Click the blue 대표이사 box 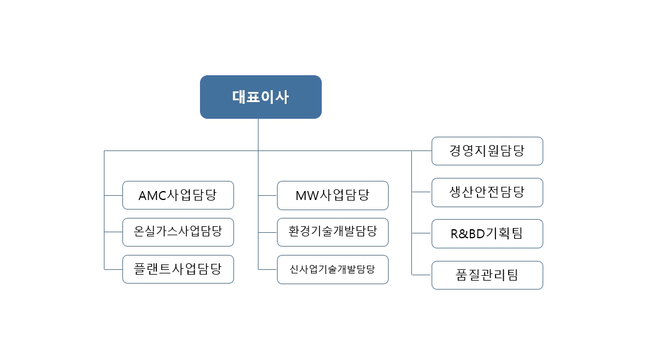(261, 97)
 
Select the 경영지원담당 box (487, 151)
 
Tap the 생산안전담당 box (487, 192)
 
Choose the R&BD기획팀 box (487, 233)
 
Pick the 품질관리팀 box (487, 275)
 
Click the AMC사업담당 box (178, 195)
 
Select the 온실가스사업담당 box (178, 232)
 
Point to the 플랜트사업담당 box (178, 269)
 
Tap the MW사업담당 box (333, 195)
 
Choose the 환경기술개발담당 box (333, 232)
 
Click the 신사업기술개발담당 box (333, 269)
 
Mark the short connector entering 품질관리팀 (421, 275)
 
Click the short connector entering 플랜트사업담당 (113, 269)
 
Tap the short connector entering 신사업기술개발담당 (267, 269)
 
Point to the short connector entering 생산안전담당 (421, 192)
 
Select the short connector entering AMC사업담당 (113, 195)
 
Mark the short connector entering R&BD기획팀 (421, 233)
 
